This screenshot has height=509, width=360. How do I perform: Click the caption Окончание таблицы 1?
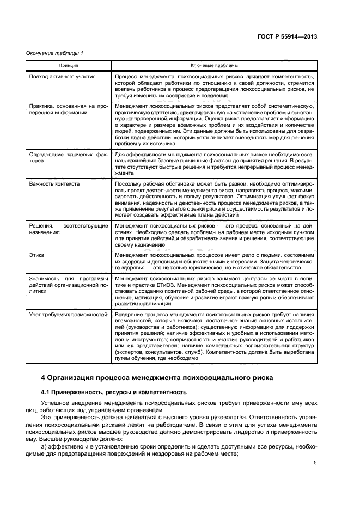pyautogui.click(x=55, y=53)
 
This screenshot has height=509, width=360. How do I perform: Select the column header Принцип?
pyautogui.click(x=69, y=65)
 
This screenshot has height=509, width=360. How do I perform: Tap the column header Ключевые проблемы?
pyautogui.click(x=214, y=65)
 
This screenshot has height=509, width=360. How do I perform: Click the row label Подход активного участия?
pyautogui.click(x=63, y=77)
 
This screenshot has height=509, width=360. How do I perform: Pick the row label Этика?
pyautogui.click(x=38, y=255)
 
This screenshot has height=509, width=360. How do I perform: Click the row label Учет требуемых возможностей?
pyautogui.click(x=68, y=314)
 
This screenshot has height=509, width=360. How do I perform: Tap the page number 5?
pyautogui.click(x=315, y=463)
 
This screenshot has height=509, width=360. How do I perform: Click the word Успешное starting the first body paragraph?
pyautogui.click(x=57, y=403)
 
